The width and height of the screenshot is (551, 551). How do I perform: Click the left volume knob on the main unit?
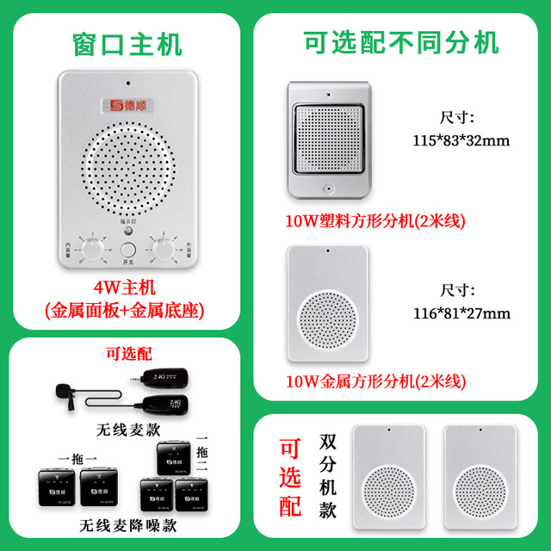point(90,249)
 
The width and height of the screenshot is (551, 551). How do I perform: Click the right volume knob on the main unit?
point(161,249)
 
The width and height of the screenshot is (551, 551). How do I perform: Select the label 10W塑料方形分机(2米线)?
point(375,221)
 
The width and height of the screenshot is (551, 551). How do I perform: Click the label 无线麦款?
point(130,427)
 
